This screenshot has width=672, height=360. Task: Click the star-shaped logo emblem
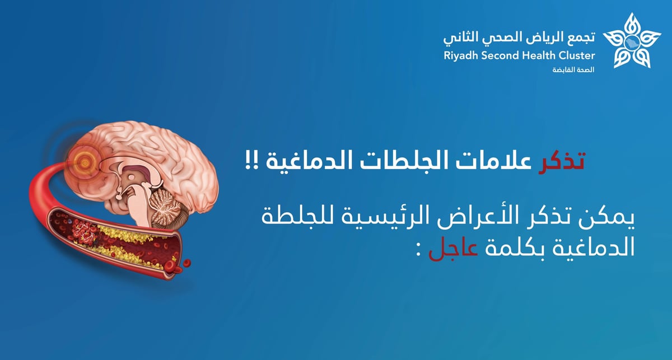tap(632, 40)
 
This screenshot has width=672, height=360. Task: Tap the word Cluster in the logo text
tap(577, 55)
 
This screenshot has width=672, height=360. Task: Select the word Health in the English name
tap(539, 55)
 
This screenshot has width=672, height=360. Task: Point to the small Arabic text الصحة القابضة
tap(573, 70)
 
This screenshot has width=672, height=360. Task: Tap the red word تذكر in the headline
tap(561, 162)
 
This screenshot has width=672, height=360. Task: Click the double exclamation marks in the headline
tap(252, 162)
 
